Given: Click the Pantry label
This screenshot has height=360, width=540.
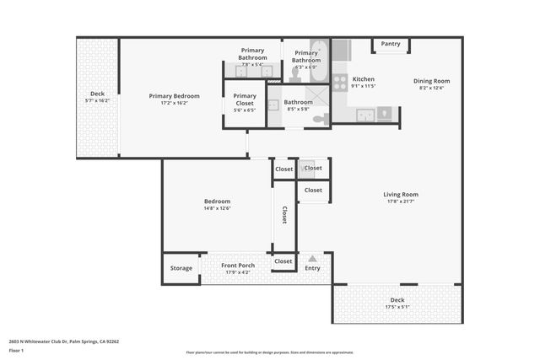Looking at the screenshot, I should click(x=390, y=44).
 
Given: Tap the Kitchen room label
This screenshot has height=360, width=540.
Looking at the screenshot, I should click(x=363, y=79).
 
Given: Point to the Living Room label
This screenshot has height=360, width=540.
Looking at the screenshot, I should click(x=402, y=195).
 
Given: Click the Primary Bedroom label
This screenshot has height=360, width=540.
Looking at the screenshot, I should click(x=174, y=96).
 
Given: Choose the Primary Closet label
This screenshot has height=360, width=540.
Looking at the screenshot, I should click(x=245, y=96).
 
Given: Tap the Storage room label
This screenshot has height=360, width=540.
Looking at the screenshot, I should click(x=181, y=268).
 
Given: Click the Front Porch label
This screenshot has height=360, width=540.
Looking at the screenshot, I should click(x=238, y=266).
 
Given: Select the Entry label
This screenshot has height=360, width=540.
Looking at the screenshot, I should click(x=313, y=268).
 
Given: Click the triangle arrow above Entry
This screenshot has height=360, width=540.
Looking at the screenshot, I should click(x=313, y=258).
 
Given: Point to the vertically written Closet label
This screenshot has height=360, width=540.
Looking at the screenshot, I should click(x=284, y=216).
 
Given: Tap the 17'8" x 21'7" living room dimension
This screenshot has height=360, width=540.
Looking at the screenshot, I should click(x=402, y=201).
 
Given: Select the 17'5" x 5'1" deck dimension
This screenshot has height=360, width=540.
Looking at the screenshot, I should click(x=397, y=307).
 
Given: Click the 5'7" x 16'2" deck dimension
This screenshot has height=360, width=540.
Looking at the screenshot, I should click(x=97, y=100).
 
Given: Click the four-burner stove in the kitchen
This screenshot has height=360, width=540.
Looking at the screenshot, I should click(x=340, y=82).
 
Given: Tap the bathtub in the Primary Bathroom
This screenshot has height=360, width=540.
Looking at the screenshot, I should click(x=321, y=50).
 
